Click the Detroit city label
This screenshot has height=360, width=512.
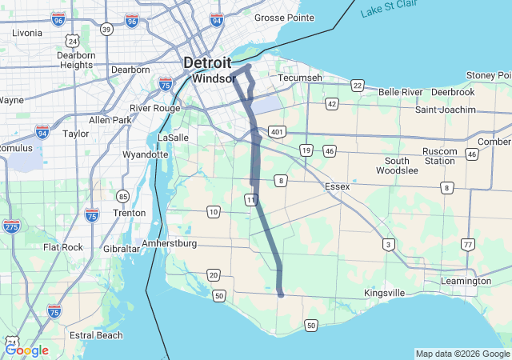(x=207, y=62)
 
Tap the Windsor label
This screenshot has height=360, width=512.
(x=213, y=79)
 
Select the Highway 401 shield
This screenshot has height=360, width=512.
(x=277, y=131)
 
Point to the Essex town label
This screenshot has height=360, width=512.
(x=337, y=186)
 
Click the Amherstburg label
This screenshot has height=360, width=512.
(x=170, y=242)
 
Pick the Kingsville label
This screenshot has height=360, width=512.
(x=384, y=293)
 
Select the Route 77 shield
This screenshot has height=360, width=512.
(x=467, y=243)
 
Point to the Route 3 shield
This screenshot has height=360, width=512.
(x=388, y=244)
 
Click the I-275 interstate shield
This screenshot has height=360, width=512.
(x=11, y=227)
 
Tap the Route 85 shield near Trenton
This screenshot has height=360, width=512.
(x=122, y=196)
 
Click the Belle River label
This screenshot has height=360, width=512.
(x=400, y=92)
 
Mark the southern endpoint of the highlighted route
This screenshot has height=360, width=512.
(x=281, y=294)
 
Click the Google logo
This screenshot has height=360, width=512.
(x=26, y=350)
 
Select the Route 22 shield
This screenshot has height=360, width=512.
(x=357, y=86)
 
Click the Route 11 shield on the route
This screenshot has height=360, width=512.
(x=251, y=199)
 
